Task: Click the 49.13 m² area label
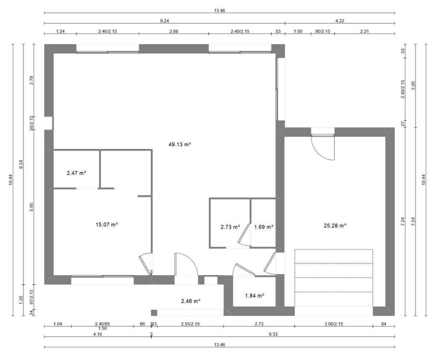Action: click(x=180, y=144)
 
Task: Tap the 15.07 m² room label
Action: click(x=107, y=225)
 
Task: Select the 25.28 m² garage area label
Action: click(x=335, y=225)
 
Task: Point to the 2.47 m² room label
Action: click(x=76, y=173)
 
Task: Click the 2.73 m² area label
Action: click(x=230, y=227)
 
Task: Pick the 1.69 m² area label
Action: click(x=263, y=227)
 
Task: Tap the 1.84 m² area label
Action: click(x=255, y=296)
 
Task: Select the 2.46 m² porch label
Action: click(x=191, y=301)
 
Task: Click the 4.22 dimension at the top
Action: click(x=340, y=21)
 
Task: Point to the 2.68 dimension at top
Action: click(x=174, y=31)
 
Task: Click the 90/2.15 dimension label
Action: click(x=323, y=31)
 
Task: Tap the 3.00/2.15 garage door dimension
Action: click(x=334, y=324)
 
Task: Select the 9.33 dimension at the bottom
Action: click(x=273, y=334)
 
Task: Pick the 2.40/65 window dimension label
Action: click(x=102, y=324)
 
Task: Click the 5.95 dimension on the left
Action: click(x=31, y=207)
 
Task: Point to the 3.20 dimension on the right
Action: click(x=413, y=86)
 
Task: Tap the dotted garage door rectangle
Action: click(x=334, y=278)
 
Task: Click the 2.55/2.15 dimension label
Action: click(x=190, y=324)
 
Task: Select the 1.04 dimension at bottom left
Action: click(x=58, y=324)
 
